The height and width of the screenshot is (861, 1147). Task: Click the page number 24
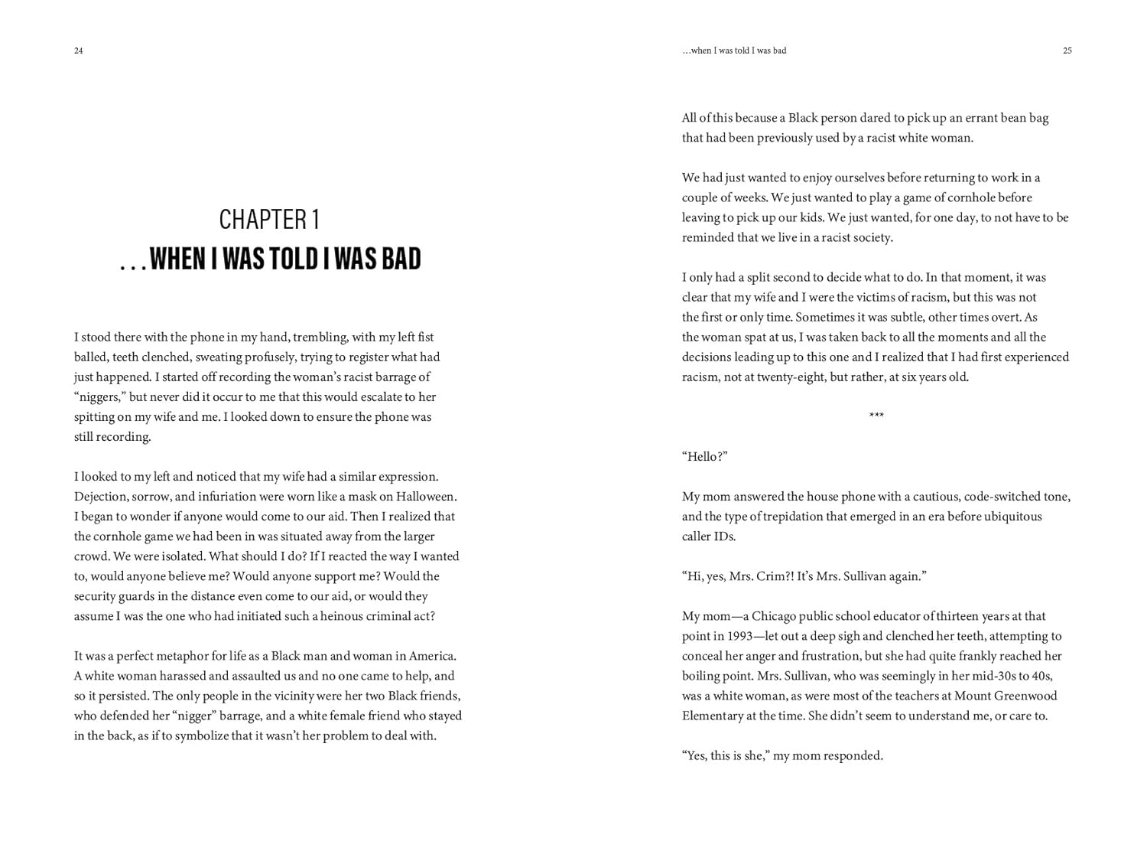78,51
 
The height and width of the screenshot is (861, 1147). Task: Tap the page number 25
1067,51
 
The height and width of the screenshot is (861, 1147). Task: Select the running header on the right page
734,51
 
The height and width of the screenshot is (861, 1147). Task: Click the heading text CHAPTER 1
269,220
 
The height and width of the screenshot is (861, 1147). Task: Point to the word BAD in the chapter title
401,259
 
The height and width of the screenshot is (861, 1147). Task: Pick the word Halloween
424,496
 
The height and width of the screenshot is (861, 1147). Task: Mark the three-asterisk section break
876,416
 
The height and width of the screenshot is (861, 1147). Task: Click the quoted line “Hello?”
704,456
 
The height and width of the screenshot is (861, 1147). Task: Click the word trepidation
786,516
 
